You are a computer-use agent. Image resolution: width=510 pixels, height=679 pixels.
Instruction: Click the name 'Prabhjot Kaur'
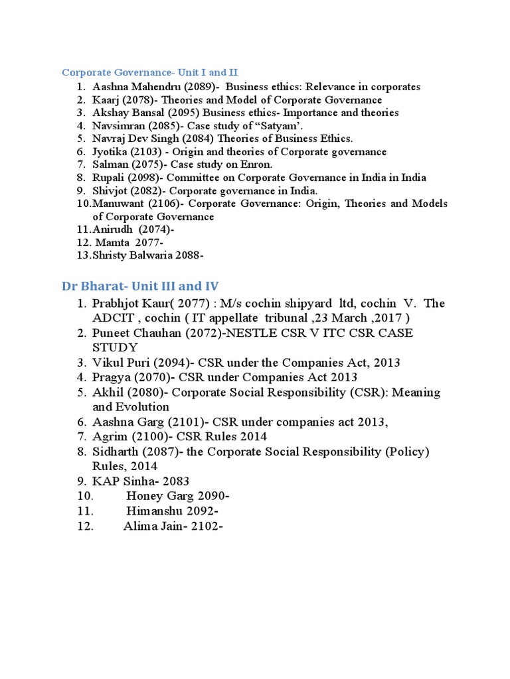(130, 304)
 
